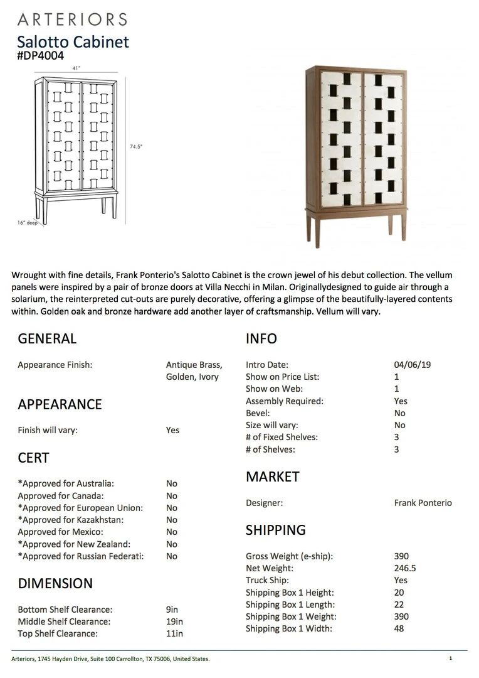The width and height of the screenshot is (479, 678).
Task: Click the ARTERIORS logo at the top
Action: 72,19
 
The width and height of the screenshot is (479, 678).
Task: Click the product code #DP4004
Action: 40,56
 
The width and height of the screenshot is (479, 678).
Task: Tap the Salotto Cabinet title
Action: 73,41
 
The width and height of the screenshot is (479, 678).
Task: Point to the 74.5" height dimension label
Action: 136,146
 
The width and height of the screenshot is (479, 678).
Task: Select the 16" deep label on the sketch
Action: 28,222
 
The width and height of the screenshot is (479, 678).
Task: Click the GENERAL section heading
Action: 47,339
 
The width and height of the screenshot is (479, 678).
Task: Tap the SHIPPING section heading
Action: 276,530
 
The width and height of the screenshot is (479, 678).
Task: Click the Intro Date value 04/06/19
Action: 408,365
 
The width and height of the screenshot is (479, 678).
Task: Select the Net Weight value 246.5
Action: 405,568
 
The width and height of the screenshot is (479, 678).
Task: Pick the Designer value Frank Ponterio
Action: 423,503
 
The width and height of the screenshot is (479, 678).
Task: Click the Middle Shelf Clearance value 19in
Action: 174,621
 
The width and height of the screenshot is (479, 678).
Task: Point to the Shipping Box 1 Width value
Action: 399,628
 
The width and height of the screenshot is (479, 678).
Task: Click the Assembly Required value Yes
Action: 401,401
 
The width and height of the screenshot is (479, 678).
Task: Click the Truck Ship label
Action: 266,580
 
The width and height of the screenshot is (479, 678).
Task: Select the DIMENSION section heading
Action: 55,583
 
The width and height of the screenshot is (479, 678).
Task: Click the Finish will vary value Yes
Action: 172,431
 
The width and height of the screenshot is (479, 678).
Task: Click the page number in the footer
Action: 450,659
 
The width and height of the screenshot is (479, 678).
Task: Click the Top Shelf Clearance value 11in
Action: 174,633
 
